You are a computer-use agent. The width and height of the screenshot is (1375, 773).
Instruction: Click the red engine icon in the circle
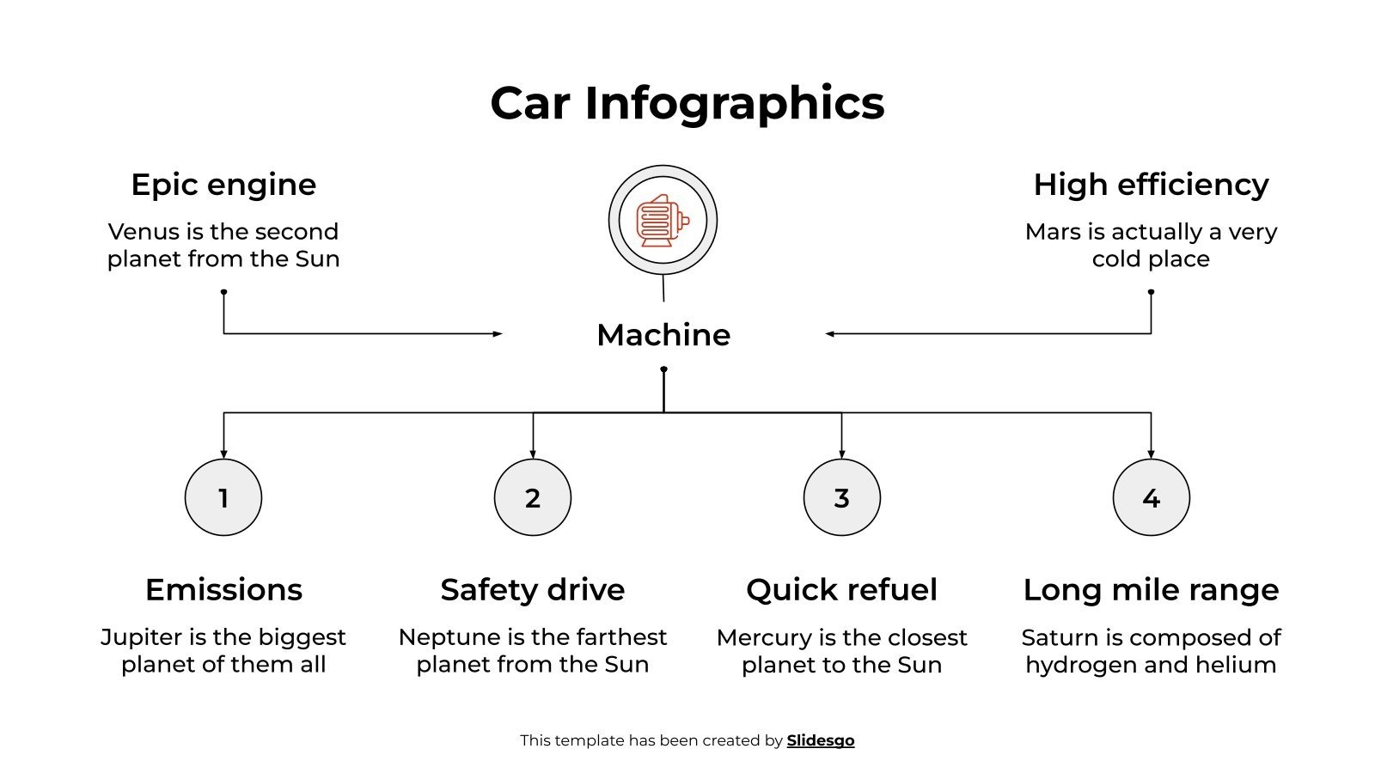662,221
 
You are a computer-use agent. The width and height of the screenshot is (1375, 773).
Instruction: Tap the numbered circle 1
223,497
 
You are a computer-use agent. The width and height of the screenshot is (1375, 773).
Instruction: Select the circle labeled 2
533,497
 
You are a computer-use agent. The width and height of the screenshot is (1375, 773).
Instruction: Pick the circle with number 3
842,497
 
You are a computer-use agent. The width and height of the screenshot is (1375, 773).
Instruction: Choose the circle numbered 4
1152,497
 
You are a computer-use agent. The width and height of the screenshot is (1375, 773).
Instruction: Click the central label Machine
663,335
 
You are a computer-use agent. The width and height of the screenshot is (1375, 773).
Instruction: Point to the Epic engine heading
223,185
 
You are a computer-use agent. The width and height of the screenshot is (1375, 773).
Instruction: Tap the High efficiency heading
1151,185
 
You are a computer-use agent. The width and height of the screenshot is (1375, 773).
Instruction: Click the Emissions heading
223,590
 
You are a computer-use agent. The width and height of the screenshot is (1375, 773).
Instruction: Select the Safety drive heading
533,590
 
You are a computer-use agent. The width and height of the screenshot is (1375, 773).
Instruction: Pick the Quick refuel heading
842,590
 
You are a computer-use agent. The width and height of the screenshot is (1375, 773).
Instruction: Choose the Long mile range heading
1151,590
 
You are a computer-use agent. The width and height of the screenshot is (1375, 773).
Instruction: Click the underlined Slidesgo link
821,740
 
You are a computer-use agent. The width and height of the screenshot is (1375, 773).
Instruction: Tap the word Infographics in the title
735,103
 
